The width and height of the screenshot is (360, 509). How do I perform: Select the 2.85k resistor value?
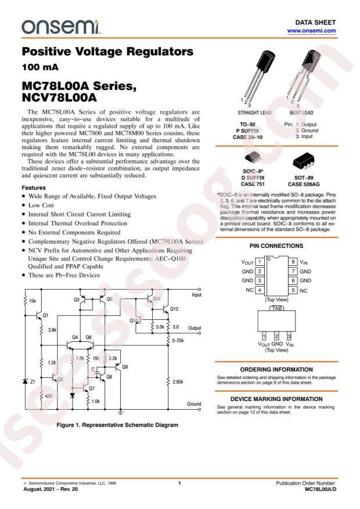click(178, 381)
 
